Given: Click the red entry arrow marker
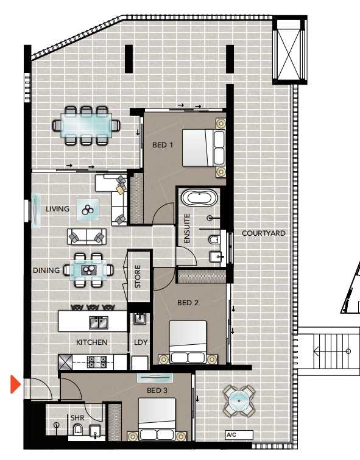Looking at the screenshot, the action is [15, 384].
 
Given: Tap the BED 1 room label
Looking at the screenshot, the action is [163, 145].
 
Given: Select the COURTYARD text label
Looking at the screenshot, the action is [264, 233].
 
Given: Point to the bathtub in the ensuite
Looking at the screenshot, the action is [200, 197].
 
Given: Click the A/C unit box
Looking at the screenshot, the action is [239, 435].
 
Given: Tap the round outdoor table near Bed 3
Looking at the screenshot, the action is [239, 401].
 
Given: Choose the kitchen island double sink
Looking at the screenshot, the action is [99, 322].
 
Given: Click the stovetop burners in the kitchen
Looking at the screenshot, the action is [97, 361].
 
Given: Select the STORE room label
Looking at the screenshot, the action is [138, 276].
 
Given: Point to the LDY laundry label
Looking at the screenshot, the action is [141, 342].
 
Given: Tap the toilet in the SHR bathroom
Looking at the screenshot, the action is [78, 430].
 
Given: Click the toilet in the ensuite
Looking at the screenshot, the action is [214, 239].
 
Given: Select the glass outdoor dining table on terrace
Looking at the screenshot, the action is [86, 126].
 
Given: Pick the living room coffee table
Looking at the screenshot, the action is [88, 210].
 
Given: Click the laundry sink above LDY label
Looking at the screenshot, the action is [140, 319].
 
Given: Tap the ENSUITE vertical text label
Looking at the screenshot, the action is [187, 228].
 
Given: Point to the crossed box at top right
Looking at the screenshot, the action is [289, 50].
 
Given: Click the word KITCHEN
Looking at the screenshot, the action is [92, 342].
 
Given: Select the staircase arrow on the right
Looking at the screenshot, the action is [331, 351].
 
